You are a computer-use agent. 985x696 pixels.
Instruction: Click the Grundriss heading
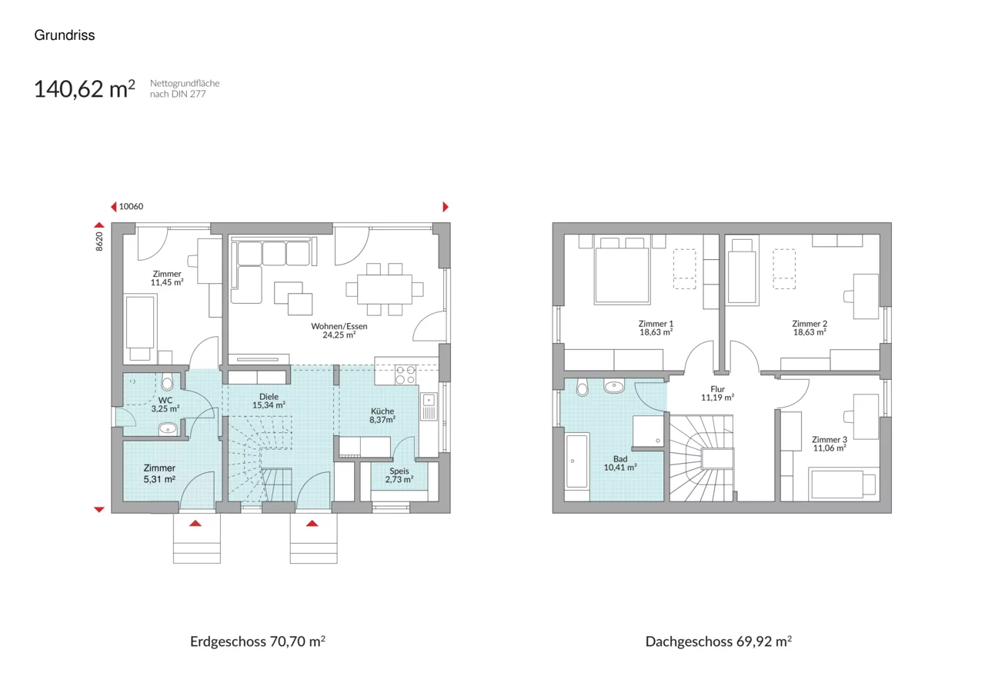pos(65,35)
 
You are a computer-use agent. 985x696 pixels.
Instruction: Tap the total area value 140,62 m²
pos(85,88)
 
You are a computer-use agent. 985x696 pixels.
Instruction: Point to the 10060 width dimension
pos(131,207)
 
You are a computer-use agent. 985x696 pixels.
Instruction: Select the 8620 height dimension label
pos(99,241)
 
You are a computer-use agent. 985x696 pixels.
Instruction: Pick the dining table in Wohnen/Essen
pos(384,289)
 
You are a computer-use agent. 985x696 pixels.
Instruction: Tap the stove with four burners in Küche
pos(405,375)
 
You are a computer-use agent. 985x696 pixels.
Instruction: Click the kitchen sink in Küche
pos(429,406)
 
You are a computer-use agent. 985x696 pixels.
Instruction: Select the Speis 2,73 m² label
pos(399,475)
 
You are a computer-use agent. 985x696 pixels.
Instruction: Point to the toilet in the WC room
pos(167,381)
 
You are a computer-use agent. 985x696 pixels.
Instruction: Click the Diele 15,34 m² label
pos(269,401)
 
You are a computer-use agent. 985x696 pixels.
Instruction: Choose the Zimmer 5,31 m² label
pos(159,474)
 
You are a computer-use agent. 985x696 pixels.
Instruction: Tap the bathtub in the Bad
pos(577,461)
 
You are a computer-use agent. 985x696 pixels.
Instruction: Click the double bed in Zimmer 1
pos(622,276)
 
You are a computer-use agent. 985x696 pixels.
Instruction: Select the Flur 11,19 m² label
pos(718,393)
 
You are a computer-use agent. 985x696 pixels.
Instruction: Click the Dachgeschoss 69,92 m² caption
pos(719,641)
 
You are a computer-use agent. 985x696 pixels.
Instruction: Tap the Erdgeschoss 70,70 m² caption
pos(258,641)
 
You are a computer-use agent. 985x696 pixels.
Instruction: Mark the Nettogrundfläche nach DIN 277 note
pos(185,88)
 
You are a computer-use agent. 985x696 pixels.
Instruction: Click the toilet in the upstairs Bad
pos(583,387)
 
